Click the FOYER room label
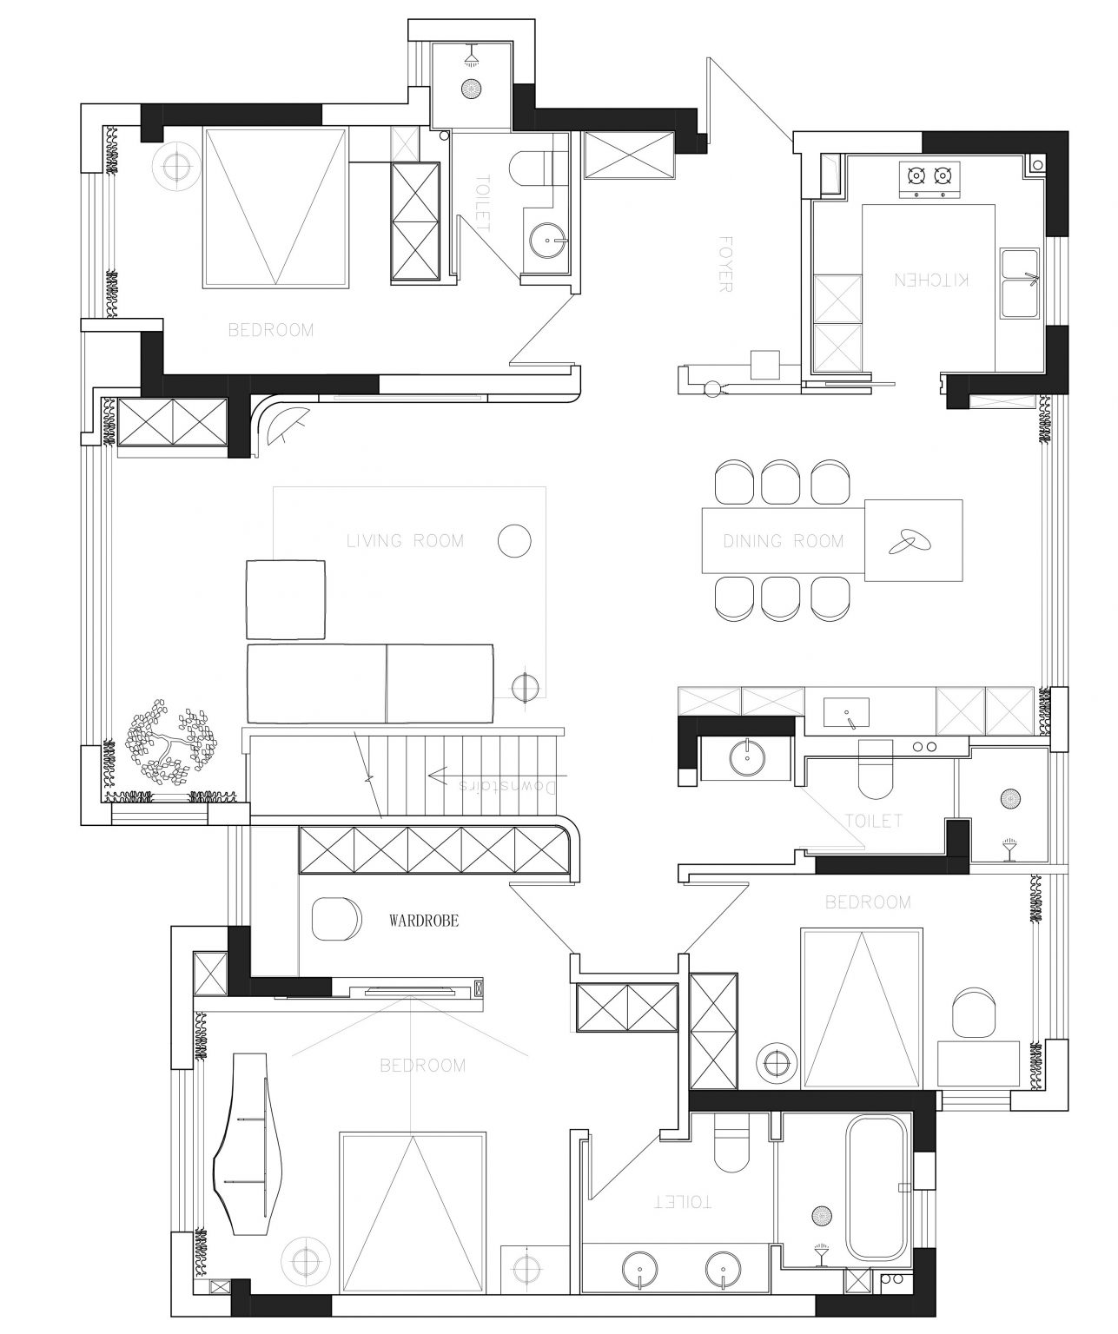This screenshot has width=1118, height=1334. pos(724,264)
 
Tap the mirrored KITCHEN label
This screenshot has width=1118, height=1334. pos(930,280)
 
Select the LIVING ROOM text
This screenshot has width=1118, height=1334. pos(405,541)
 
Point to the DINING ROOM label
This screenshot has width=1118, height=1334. pos(783,541)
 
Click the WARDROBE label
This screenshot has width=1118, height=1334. pos(424,921)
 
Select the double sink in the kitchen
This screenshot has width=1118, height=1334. pos(1020,284)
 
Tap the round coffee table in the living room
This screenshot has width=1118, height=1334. pos(514,541)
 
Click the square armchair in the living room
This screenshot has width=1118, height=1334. pos(285,599)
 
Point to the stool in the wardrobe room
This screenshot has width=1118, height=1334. pos(336,920)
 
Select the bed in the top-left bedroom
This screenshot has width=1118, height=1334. pos(275,208)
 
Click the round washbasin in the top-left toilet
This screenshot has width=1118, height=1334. pos(549,241)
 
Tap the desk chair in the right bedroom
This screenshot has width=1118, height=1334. pos(973,1014)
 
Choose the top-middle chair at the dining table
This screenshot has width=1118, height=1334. pos(780,482)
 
